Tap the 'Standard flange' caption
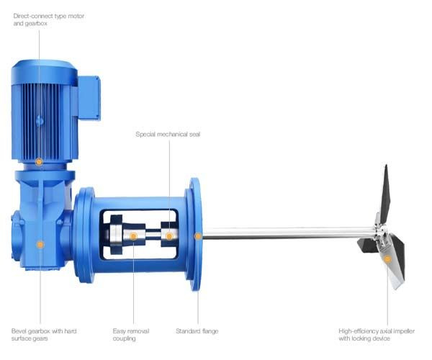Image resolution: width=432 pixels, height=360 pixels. point(197,331)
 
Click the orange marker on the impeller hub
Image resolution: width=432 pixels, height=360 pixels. point(386,258)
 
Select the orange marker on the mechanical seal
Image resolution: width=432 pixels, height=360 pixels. point(168,236)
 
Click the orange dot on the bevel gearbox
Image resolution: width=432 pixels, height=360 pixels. point(40,245)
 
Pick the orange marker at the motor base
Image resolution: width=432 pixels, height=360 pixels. point(39,161)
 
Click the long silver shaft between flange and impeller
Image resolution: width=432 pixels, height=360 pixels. point(288,233)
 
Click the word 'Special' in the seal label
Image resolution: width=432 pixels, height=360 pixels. point(146,135)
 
